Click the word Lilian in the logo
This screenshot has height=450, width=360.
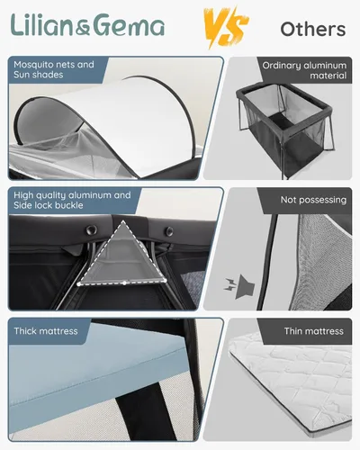click(x=42, y=25)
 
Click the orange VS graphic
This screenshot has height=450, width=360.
click(x=226, y=27)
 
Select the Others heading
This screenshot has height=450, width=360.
click(x=313, y=29)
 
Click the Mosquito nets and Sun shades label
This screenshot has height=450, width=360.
click(x=54, y=69)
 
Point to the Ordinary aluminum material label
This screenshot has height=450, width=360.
click(x=304, y=70)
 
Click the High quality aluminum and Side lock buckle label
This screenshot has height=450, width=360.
click(x=72, y=200)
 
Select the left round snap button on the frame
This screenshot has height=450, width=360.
click(x=91, y=230)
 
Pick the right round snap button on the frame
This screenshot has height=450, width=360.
click(x=169, y=231)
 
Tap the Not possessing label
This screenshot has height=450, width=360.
click(x=313, y=200)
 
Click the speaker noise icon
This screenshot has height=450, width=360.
click(x=239, y=286)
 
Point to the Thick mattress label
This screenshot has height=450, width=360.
click(x=46, y=331)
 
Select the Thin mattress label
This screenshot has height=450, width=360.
click(x=314, y=331)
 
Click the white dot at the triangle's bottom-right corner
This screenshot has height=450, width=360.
click(x=165, y=281)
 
